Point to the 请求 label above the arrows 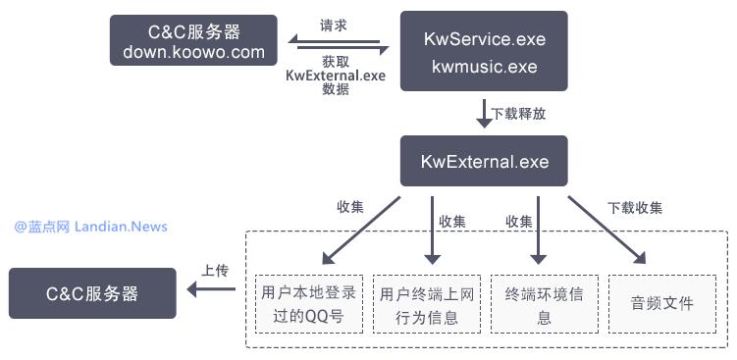click(x=334, y=23)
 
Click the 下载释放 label click(x=519, y=114)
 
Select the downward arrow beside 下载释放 click(x=484, y=113)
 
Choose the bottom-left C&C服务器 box click(x=92, y=293)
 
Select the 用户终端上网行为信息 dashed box click(x=427, y=304)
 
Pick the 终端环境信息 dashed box click(x=544, y=304)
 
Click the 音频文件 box click(x=662, y=303)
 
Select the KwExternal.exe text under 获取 click(x=335, y=75)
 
